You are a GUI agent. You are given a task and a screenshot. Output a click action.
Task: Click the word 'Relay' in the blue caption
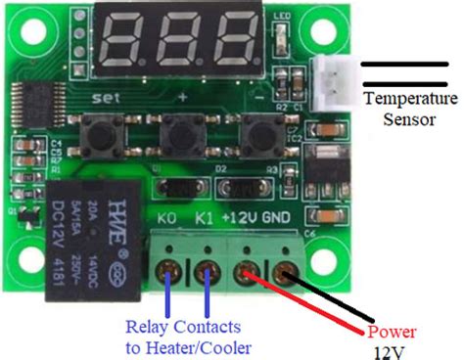tap(147, 327)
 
